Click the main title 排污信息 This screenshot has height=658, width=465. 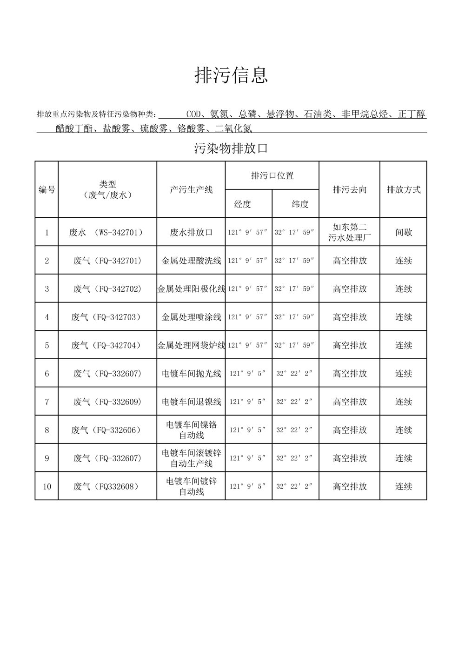pyautogui.click(x=231, y=75)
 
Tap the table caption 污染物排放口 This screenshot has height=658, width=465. pyautogui.click(x=231, y=149)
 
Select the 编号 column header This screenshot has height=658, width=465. pyautogui.click(x=46, y=190)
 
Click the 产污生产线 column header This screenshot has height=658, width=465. pyautogui.click(x=191, y=190)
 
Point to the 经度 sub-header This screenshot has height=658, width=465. pyautogui.click(x=242, y=204)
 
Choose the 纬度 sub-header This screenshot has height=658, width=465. pyautogui.click(x=300, y=204)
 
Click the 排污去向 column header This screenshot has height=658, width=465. pyautogui.click(x=350, y=190)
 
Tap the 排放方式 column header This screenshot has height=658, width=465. pyautogui.click(x=404, y=190)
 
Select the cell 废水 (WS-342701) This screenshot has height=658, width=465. pyautogui.click(x=106, y=232)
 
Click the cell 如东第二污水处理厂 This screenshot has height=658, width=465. pyautogui.click(x=350, y=232)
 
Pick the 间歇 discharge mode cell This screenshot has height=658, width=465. pyautogui.click(x=404, y=232)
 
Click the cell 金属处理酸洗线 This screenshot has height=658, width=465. pyautogui.click(x=191, y=261)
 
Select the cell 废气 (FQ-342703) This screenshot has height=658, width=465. pyautogui.click(x=106, y=317)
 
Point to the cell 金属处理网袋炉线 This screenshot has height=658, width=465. pyautogui.click(x=191, y=345)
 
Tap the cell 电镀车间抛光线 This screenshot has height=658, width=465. pyautogui.click(x=191, y=374)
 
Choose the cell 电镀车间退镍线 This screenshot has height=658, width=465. pyautogui.click(x=191, y=402)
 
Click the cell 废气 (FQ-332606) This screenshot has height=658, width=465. pyautogui.click(x=106, y=430)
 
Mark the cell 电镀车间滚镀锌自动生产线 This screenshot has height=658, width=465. pyautogui.click(x=191, y=458)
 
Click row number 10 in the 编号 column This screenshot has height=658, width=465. pyautogui.click(x=46, y=487)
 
